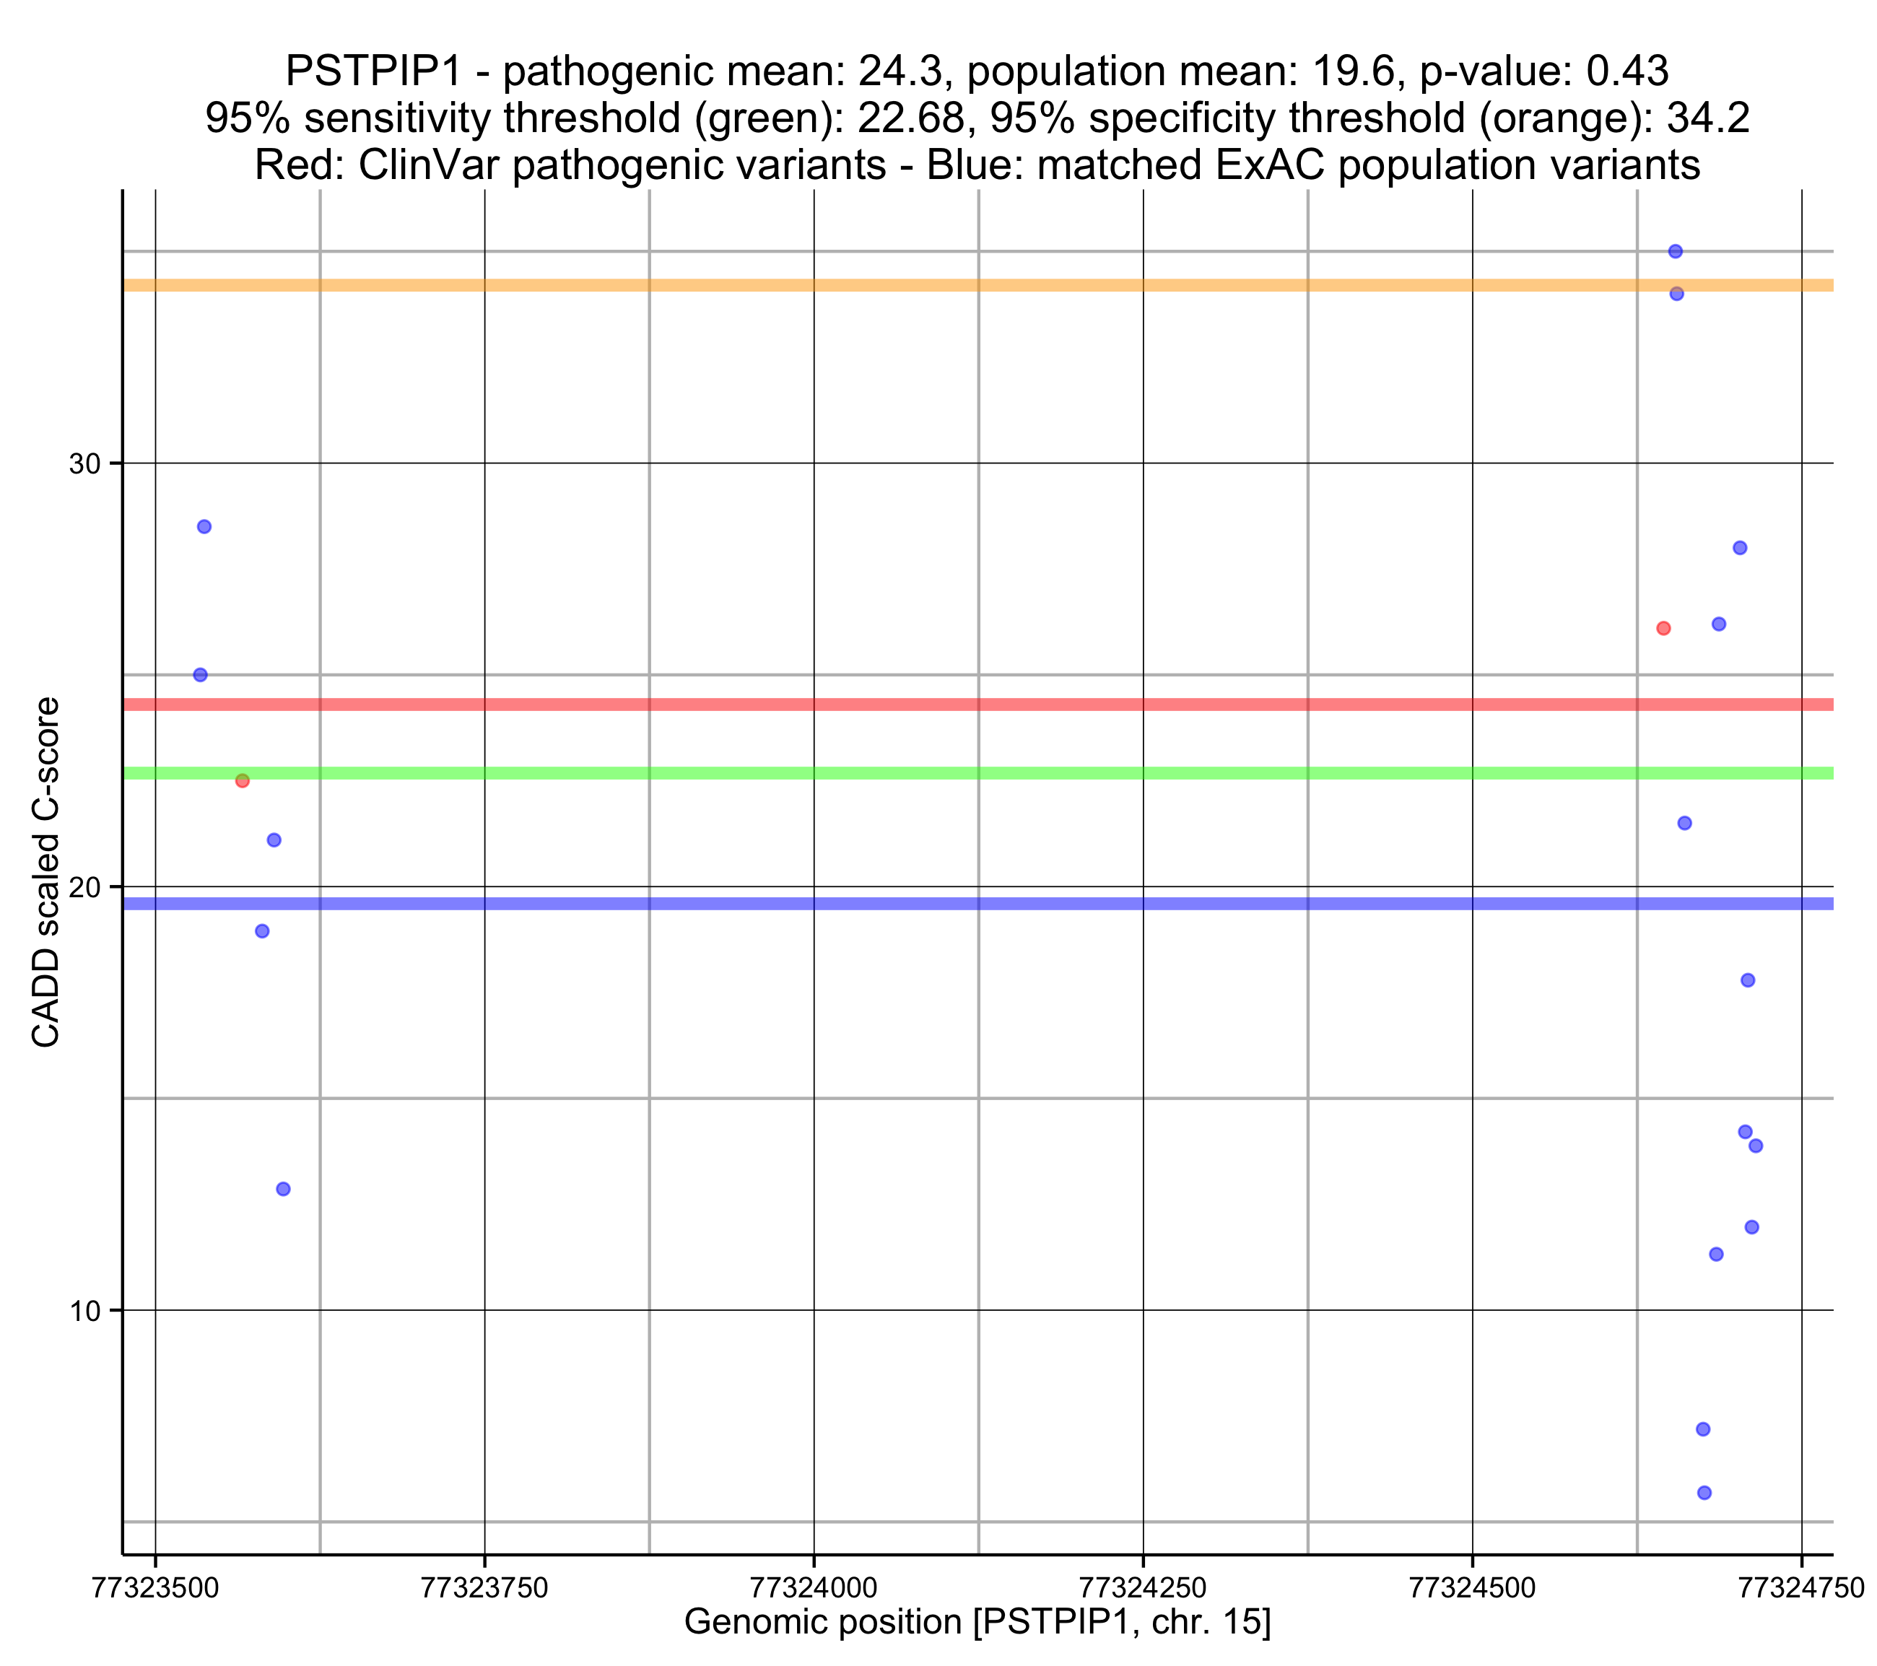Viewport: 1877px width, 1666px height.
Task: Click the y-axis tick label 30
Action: pyautogui.click(x=84, y=464)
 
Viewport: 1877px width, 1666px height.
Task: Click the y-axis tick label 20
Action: pyautogui.click(x=84, y=887)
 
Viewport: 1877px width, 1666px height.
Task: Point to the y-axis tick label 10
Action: pyautogui.click(x=84, y=1311)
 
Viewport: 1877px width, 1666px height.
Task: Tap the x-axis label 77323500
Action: pyautogui.click(x=155, y=1587)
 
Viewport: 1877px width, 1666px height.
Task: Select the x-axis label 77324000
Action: pyautogui.click(x=814, y=1587)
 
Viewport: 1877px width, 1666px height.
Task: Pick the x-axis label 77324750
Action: pyautogui.click(x=1800, y=1587)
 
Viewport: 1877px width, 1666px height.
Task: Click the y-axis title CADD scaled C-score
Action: pyautogui.click(x=46, y=873)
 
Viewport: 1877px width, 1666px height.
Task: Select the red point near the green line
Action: pyautogui.click(x=243, y=780)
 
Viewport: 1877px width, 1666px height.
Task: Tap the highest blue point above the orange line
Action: pyautogui.click(x=1675, y=252)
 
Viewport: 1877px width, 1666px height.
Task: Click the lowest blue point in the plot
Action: pyautogui.click(x=1704, y=1493)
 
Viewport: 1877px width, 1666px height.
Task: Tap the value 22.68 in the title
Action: pyautogui.click(x=911, y=118)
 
